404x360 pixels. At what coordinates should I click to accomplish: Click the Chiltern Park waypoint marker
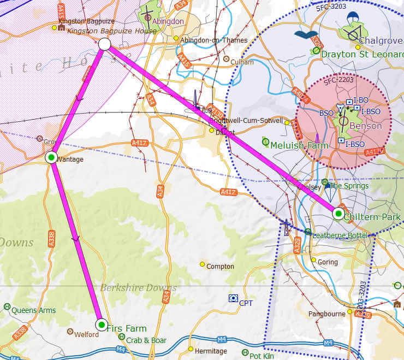(339, 214)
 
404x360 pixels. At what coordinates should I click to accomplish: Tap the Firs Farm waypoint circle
(102, 325)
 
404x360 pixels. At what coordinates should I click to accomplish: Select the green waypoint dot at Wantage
(51, 158)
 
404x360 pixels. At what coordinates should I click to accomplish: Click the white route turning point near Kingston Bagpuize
(105, 44)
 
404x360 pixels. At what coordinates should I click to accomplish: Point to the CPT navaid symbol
(233, 298)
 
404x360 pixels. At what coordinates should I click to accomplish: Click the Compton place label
(220, 267)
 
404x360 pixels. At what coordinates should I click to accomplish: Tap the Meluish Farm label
(299, 145)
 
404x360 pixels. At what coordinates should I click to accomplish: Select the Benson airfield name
(366, 126)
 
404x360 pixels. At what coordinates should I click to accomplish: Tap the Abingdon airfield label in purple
(168, 21)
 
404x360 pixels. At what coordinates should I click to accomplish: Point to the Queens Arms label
(33, 310)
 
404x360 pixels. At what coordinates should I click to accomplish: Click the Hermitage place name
(211, 351)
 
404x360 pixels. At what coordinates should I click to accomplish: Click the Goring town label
(328, 262)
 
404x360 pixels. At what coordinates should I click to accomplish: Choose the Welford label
(87, 334)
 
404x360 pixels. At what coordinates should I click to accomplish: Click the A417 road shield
(140, 143)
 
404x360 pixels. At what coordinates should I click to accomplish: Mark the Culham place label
(242, 62)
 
